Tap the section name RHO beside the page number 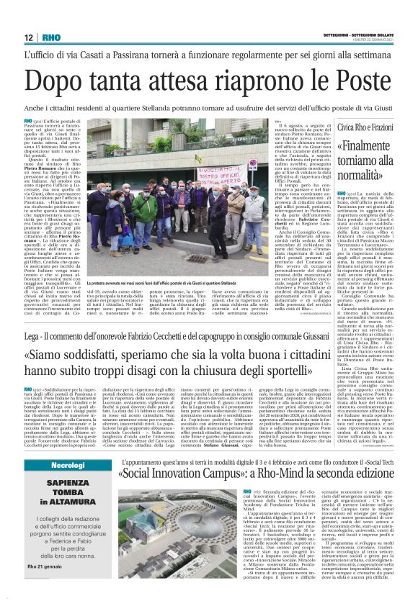pyautogui.click(x=52, y=37)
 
